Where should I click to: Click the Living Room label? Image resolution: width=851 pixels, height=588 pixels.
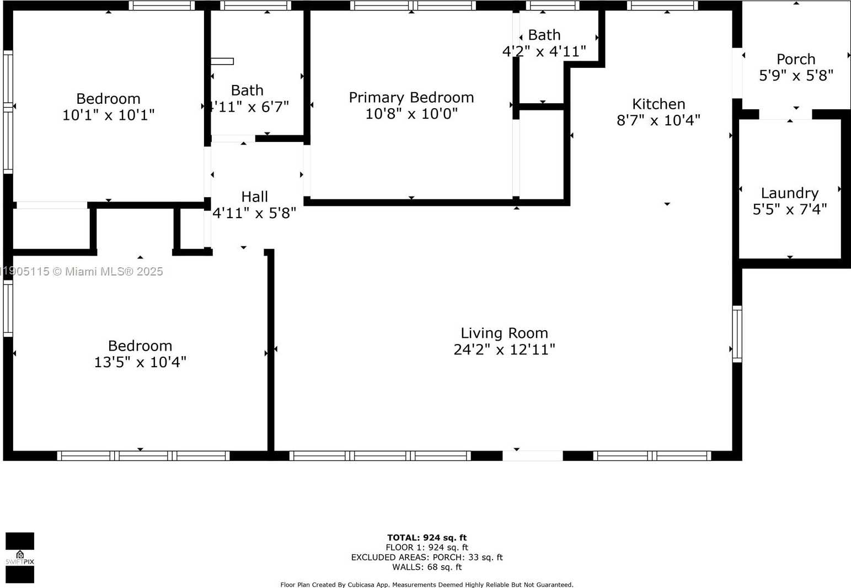coord(504,333)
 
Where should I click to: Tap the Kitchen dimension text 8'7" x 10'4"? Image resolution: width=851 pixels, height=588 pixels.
coord(658,120)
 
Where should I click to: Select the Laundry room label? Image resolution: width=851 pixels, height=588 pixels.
coord(789,193)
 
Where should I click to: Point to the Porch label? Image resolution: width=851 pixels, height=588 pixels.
coord(795,59)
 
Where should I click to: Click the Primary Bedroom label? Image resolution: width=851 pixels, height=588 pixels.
coord(411,97)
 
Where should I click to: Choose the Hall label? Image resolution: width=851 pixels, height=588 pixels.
coord(254,197)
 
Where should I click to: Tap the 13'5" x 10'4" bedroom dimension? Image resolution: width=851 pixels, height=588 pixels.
coord(140,362)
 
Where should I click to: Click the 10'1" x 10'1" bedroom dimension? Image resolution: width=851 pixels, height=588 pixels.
coord(108,115)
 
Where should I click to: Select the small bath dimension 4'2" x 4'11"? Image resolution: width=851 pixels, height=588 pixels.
coord(544,52)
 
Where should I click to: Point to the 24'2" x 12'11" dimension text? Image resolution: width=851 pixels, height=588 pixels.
coord(504,349)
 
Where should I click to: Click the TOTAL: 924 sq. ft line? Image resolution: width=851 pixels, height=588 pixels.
coord(426,537)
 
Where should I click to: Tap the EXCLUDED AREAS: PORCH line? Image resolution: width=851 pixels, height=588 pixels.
coord(426,557)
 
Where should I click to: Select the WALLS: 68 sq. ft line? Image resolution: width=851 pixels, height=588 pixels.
coord(426,567)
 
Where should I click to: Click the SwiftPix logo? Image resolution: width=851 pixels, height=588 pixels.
coord(20,558)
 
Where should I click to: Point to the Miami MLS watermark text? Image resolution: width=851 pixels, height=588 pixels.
coord(83,271)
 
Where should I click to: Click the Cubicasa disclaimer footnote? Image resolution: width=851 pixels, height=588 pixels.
coord(426,584)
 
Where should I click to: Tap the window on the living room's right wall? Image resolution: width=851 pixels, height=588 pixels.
coord(737,333)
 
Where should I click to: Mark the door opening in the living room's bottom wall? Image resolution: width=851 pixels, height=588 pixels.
coord(532,455)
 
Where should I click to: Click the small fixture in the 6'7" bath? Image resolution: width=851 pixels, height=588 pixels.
coord(222,61)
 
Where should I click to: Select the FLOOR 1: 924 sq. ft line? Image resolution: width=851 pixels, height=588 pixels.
coord(426,547)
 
